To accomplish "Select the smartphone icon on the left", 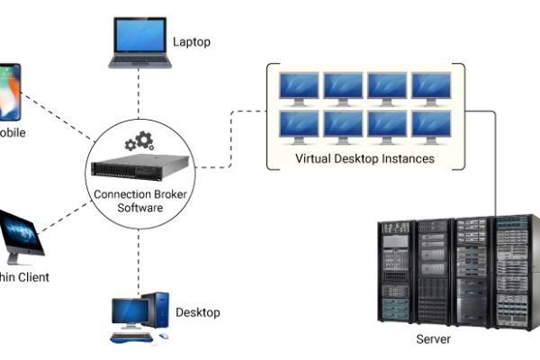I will click(x=10, y=92).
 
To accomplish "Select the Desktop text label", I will click(x=198, y=313).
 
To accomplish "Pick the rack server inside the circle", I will click(x=139, y=167).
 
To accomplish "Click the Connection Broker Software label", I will click(x=139, y=202).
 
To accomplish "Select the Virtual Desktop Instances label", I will click(x=364, y=159).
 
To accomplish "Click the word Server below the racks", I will click(x=433, y=339).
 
